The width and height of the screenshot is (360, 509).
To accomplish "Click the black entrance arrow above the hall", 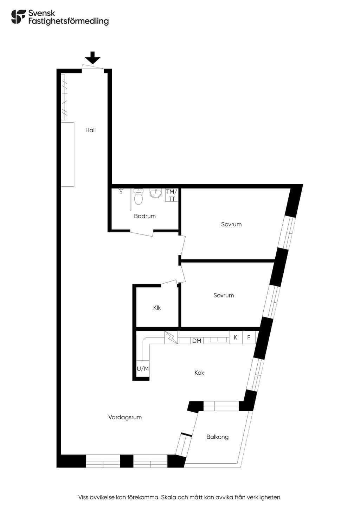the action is click(92, 58).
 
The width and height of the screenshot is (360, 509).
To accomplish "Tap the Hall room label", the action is click(90, 130).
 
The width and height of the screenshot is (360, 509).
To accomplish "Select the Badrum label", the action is click(145, 216).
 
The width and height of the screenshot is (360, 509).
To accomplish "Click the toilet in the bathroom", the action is click(138, 196).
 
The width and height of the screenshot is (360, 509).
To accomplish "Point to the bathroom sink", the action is click(156, 193).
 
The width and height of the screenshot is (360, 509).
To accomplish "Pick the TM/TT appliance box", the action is click(172, 195).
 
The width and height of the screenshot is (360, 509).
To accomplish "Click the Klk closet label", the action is click(157, 308).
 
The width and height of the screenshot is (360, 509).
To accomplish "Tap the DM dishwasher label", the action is click(197, 341).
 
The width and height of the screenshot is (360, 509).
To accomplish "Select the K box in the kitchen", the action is click(236, 337).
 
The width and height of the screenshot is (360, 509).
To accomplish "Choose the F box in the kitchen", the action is click(249, 337).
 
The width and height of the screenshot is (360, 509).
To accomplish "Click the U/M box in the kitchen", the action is click(143, 369).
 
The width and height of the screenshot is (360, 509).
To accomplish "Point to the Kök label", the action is click(199, 373).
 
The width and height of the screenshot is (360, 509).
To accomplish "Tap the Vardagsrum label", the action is click(125, 417).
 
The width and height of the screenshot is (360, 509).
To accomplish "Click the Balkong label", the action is click(218, 437).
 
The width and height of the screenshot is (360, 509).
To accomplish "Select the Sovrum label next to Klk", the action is click(224, 295).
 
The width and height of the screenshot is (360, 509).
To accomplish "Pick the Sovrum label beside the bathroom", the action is click(231, 225).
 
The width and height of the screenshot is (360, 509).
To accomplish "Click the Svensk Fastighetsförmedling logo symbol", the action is click(18, 17).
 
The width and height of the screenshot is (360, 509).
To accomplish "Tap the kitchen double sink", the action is click(218, 340).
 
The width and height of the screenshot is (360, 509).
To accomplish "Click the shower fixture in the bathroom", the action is click(121, 191).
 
